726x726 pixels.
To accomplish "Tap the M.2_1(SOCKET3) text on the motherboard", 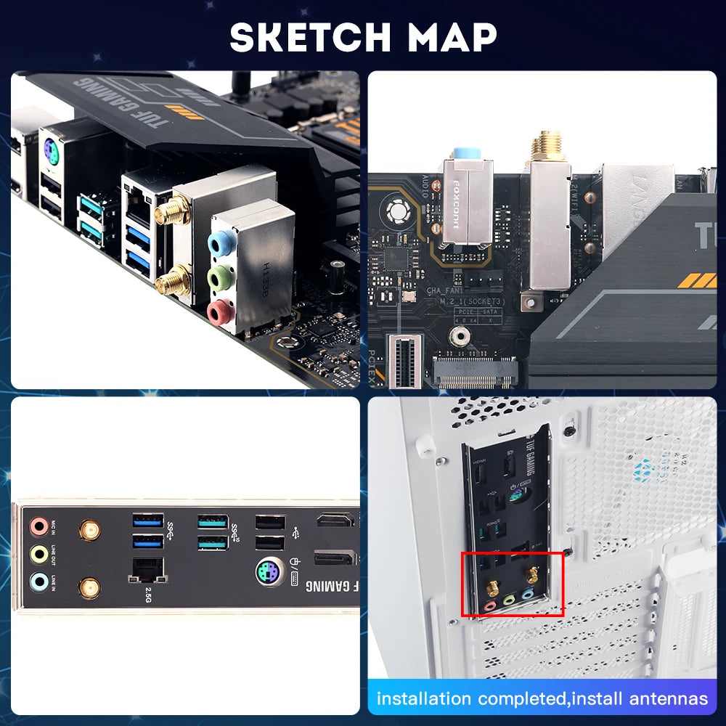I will (476, 301).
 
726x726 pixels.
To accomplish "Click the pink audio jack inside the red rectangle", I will (491, 603).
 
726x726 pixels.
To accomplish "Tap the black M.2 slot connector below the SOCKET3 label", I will (476, 372).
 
